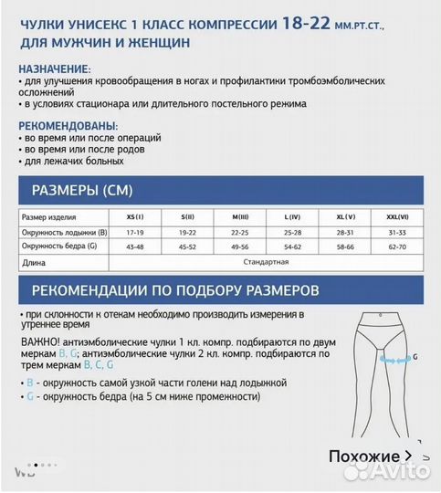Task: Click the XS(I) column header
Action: point(134,217)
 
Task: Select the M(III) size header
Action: point(241,217)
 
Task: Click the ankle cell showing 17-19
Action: point(134,232)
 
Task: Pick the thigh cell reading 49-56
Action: point(241,246)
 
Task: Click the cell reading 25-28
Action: point(292,232)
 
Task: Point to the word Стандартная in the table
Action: point(267,262)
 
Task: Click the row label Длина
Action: point(34,263)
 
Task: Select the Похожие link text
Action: point(362,456)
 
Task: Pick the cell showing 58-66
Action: point(345,246)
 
